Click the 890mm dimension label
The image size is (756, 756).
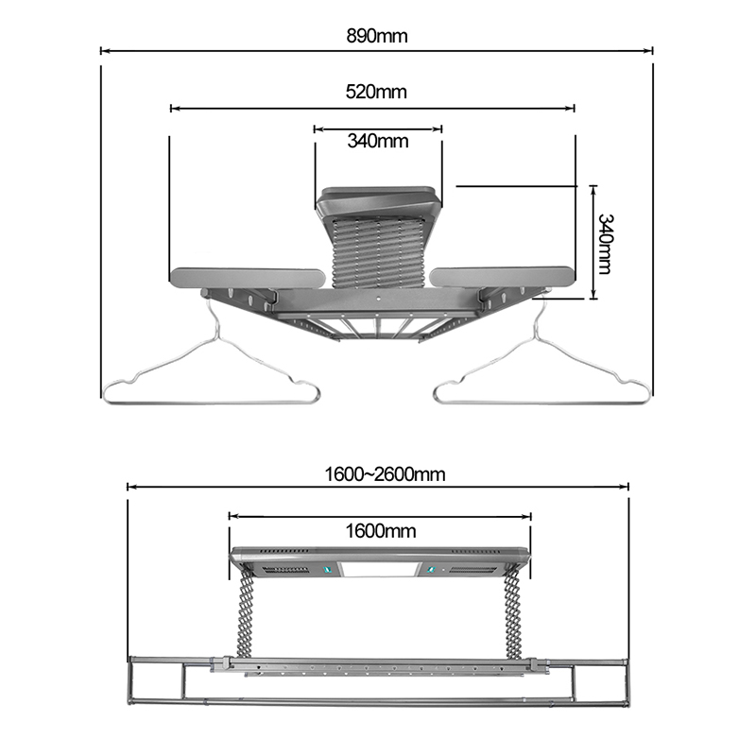376,36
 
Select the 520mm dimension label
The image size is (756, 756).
376,91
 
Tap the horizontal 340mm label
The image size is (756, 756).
377,141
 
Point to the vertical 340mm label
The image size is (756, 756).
604,244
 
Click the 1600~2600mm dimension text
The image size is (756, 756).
385,474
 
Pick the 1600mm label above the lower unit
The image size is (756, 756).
381,531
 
